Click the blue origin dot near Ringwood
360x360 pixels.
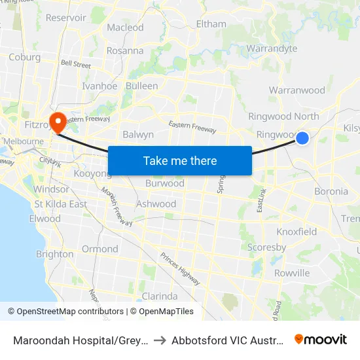tap(302, 138)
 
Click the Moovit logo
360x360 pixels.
tap(321, 339)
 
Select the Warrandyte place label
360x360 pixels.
tap(272, 48)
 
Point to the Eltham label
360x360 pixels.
tap(211, 24)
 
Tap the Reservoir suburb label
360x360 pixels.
tap(66, 18)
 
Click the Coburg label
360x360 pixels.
tap(25, 57)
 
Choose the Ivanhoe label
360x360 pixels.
tap(99, 86)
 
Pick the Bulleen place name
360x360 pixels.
tap(141, 86)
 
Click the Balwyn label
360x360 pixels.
tap(138, 134)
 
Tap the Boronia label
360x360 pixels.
tap(331, 192)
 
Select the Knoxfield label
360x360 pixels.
tap(297, 232)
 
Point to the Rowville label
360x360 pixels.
tap(292, 273)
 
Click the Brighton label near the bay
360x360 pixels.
tap(54, 254)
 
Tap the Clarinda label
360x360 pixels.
tap(160, 297)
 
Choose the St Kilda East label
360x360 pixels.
tap(60, 204)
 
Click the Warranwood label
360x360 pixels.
tap(297, 90)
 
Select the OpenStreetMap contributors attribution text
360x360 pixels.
tap(66, 312)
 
